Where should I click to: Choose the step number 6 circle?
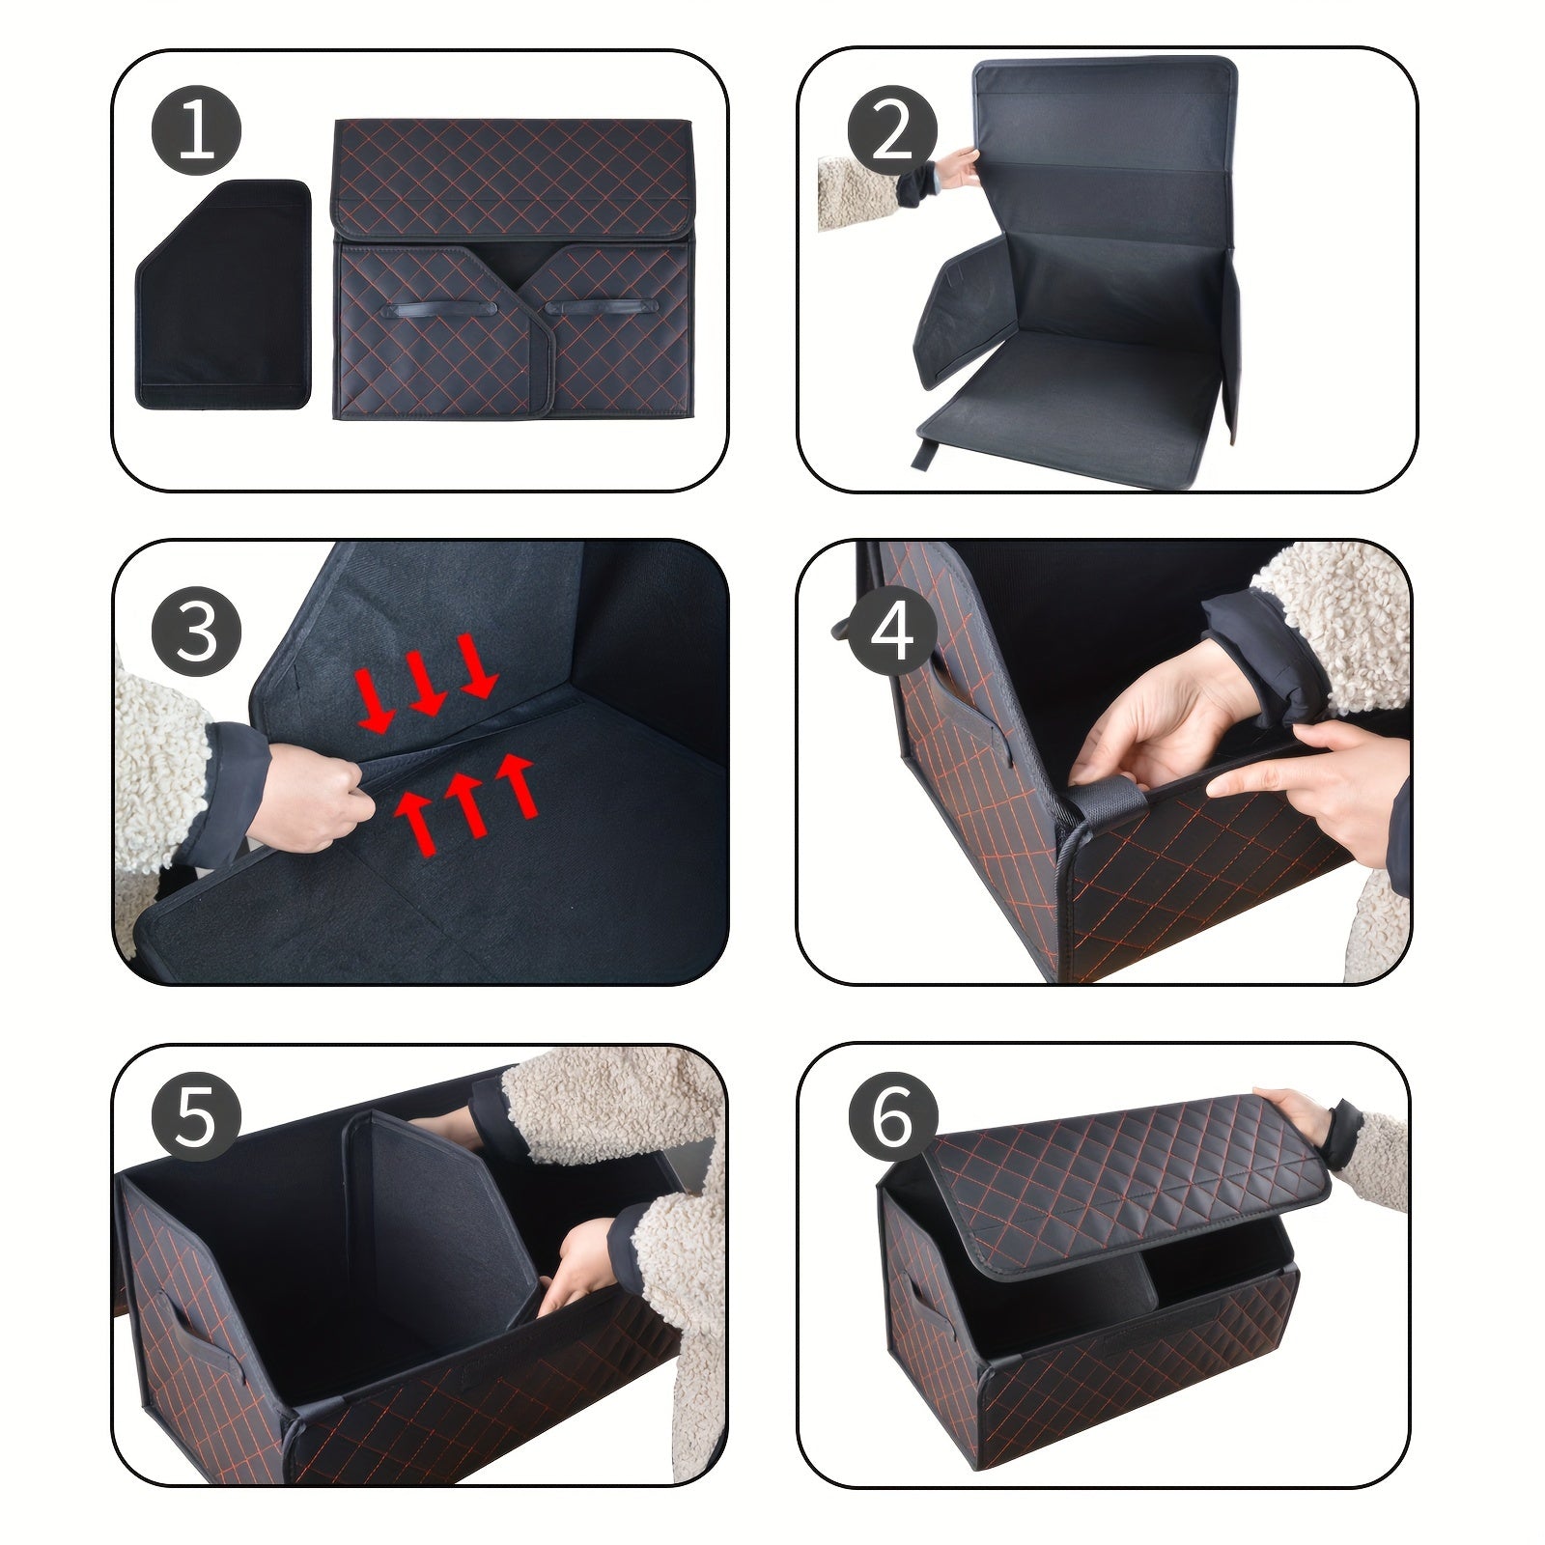tap(893, 1118)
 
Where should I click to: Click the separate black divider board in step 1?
tap(223, 294)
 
